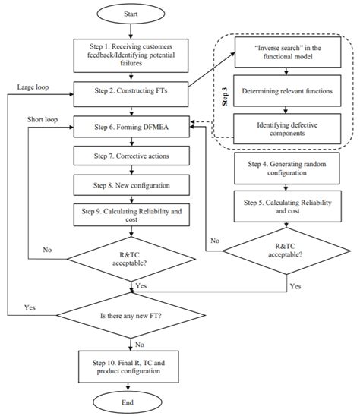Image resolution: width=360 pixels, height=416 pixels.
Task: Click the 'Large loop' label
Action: [32, 87]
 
